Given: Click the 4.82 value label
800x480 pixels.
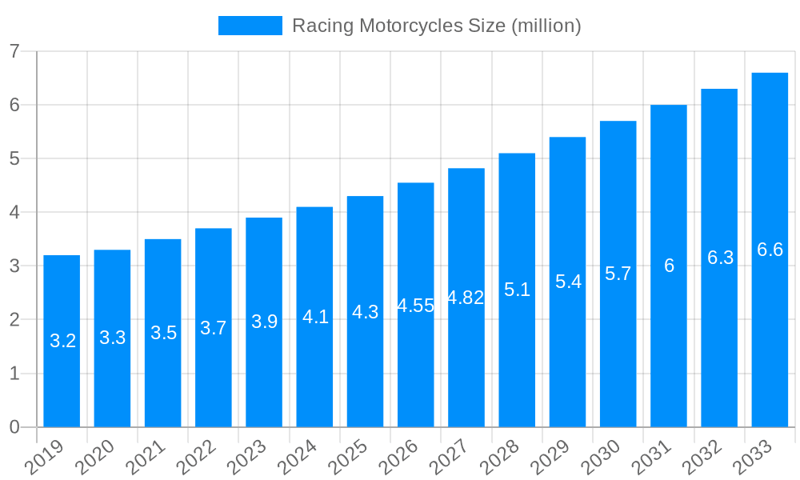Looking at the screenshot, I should (x=466, y=298).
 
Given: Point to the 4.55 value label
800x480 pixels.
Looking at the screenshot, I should (x=416, y=306).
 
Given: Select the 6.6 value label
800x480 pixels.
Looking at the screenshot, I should (x=770, y=250).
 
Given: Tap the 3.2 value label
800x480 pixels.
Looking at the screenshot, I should (x=62, y=341).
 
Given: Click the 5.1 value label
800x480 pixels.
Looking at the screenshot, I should (x=517, y=290).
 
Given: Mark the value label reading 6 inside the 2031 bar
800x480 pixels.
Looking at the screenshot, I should (x=669, y=266).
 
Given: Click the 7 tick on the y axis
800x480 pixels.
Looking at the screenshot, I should (x=14, y=51).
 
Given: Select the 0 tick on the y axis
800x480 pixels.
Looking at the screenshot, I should (x=14, y=427).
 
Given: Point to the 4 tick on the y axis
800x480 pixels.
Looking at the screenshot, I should (x=14, y=212).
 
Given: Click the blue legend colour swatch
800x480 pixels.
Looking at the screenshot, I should (x=250, y=26).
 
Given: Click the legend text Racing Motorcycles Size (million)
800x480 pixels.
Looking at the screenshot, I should (x=436, y=26).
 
